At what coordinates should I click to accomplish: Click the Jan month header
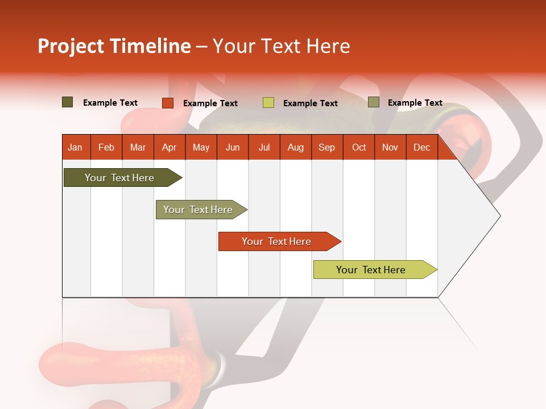coord(76,147)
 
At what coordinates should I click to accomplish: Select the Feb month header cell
coord(106,147)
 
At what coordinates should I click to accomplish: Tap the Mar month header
coord(138,147)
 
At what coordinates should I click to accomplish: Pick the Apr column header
coord(169,147)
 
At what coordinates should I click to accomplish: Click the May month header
coord(201,147)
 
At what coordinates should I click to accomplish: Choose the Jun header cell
coord(233,147)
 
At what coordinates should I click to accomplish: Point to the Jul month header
coord(264,147)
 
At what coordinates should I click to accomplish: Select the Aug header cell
coord(296,147)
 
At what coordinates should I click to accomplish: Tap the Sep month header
coord(327,147)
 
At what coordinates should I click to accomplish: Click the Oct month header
coord(359,147)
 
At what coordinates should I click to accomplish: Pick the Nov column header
coord(390,147)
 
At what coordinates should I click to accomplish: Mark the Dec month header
coord(422,147)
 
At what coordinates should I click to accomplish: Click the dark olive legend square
coord(68,102)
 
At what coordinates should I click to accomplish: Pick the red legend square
coord(168,103)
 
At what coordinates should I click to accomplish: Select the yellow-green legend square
coord(268,103)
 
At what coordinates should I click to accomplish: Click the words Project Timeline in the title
coord(114,46)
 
